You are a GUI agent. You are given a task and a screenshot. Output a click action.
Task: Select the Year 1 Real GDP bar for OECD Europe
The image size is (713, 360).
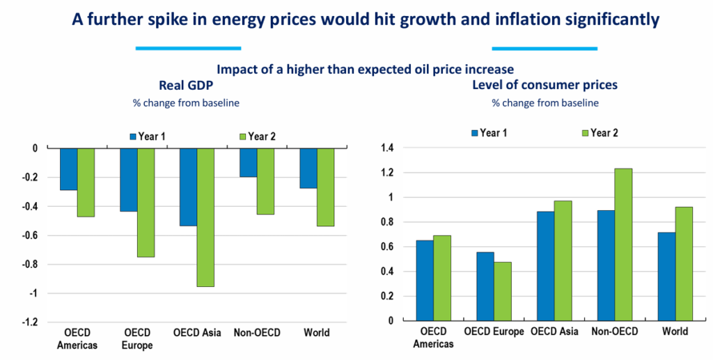click(x=128, y=180)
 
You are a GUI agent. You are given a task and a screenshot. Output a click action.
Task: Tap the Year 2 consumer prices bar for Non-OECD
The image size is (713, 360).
click(x=622, y=244)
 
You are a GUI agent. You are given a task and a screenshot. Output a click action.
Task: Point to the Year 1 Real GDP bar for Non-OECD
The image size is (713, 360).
click(x=247, y=163)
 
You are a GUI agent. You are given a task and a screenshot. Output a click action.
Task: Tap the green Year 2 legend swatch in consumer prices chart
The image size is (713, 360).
click(x=584, y=133)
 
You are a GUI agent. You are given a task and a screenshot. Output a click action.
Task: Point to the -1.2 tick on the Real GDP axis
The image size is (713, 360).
click(x=29, y=322)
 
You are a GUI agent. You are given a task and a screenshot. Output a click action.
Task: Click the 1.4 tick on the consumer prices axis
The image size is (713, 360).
click(x=387, y=148)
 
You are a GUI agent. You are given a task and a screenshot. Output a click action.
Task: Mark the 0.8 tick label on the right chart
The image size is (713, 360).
click(x=387, y=222)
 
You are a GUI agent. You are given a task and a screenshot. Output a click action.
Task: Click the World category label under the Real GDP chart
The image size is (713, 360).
click(x=317, y=333)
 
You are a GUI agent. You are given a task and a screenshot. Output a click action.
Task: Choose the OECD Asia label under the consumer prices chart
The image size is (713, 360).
click(x=555, y=331)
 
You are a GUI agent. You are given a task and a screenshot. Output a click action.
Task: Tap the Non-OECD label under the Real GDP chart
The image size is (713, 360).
click(x=257, y=333)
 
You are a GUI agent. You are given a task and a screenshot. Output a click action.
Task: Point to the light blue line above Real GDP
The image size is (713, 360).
click(x=188, y=48)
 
